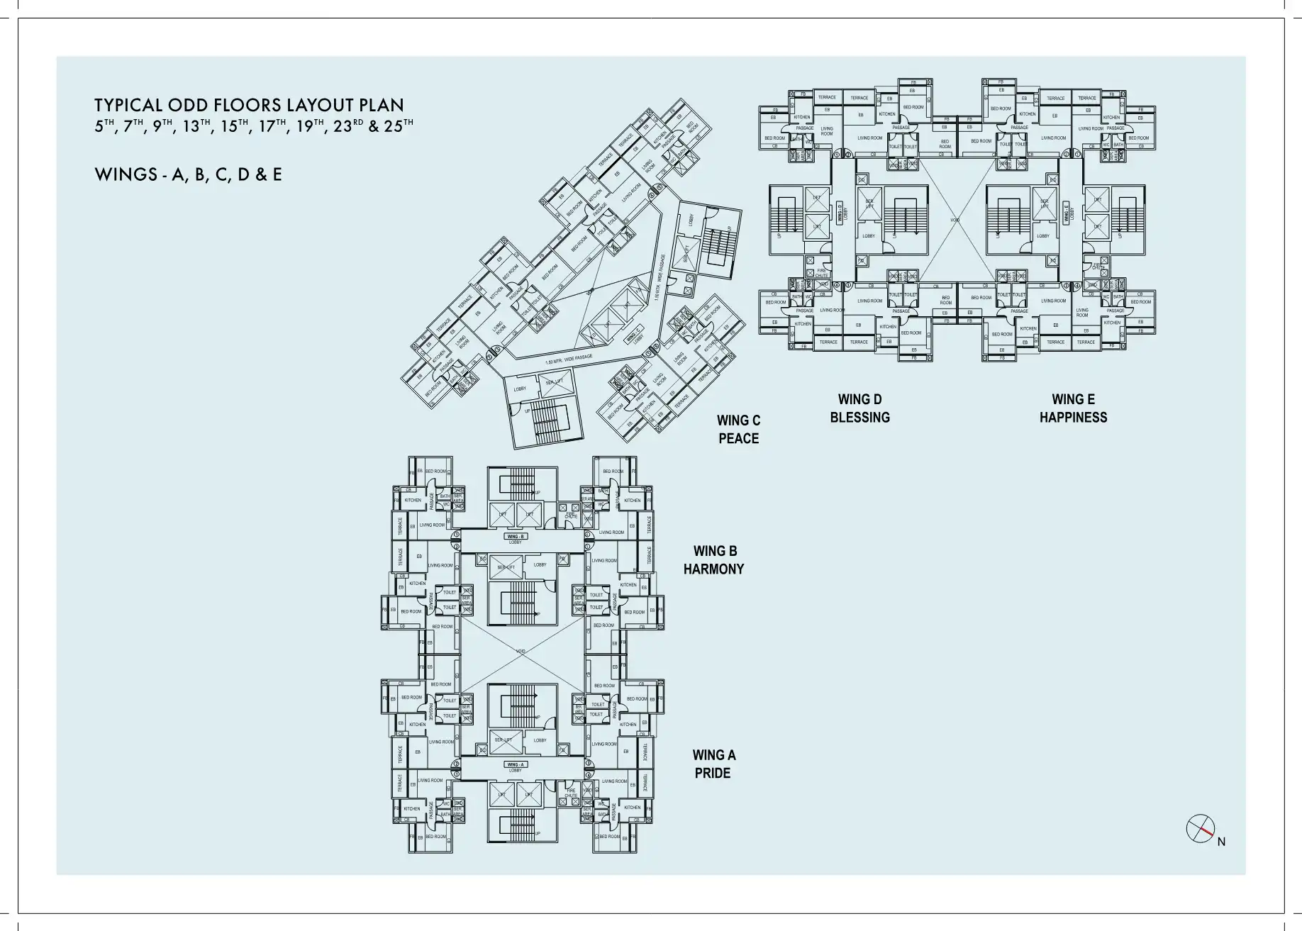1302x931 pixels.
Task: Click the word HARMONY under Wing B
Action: (713, 569)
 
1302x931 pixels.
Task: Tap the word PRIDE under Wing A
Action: (712, 773)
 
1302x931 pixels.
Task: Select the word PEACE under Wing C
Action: (738, 438)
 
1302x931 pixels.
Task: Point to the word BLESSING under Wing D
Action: (859, 417)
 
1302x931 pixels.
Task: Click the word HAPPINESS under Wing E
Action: (1073, 417)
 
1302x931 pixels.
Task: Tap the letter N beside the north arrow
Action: (1221, 842)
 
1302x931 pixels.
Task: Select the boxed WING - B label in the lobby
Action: (516, 537)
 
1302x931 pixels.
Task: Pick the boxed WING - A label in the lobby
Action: (516, 764)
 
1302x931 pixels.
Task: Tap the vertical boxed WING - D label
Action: (839, 213)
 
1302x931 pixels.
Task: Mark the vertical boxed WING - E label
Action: (1065, 213)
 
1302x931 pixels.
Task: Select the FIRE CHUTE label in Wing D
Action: (822, 272)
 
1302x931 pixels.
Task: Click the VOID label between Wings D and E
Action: (955, 220)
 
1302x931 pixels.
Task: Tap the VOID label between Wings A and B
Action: (521, 651)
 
